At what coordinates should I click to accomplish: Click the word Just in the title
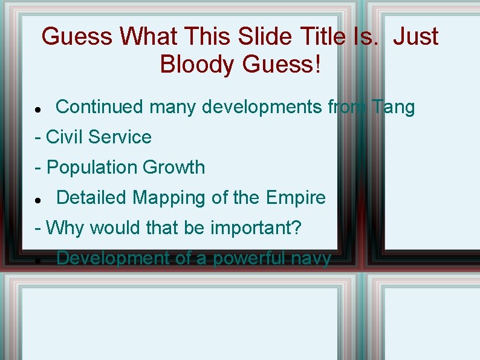tap(415, 37)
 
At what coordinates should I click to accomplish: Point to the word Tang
tap(394, 107)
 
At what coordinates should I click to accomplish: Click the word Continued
tap(100, 107)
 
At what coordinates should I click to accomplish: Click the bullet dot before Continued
tap(37, 110)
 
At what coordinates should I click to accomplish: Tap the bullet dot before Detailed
tap(37, 200)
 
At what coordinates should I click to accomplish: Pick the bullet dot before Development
tap(37, 261)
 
